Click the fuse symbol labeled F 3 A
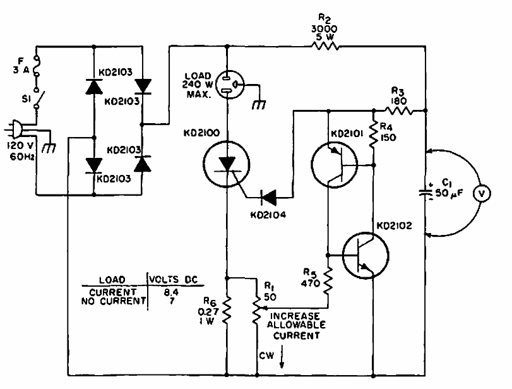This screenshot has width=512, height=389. click(x=36, y=67)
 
